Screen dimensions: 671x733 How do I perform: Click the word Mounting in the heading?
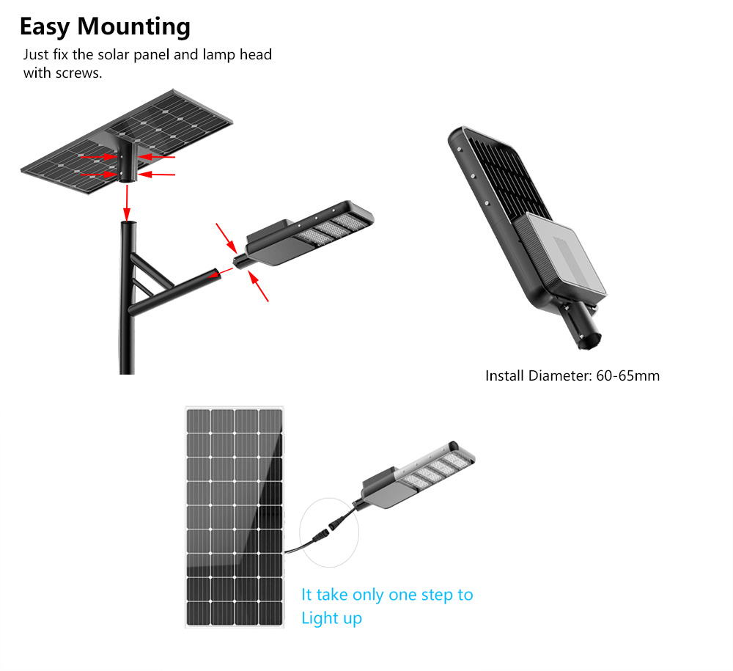pyautogui.click(x=134, y=27)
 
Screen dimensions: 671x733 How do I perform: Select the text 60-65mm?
pyautogui.click(x=628, y=376)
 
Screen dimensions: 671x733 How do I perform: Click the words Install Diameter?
pyautogui.click(x=537, y=376)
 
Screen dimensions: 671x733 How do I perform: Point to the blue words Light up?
pyautogui.click(x=331, y=618)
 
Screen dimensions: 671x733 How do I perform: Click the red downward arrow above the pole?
pyautogui.click(x=127, y=201)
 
